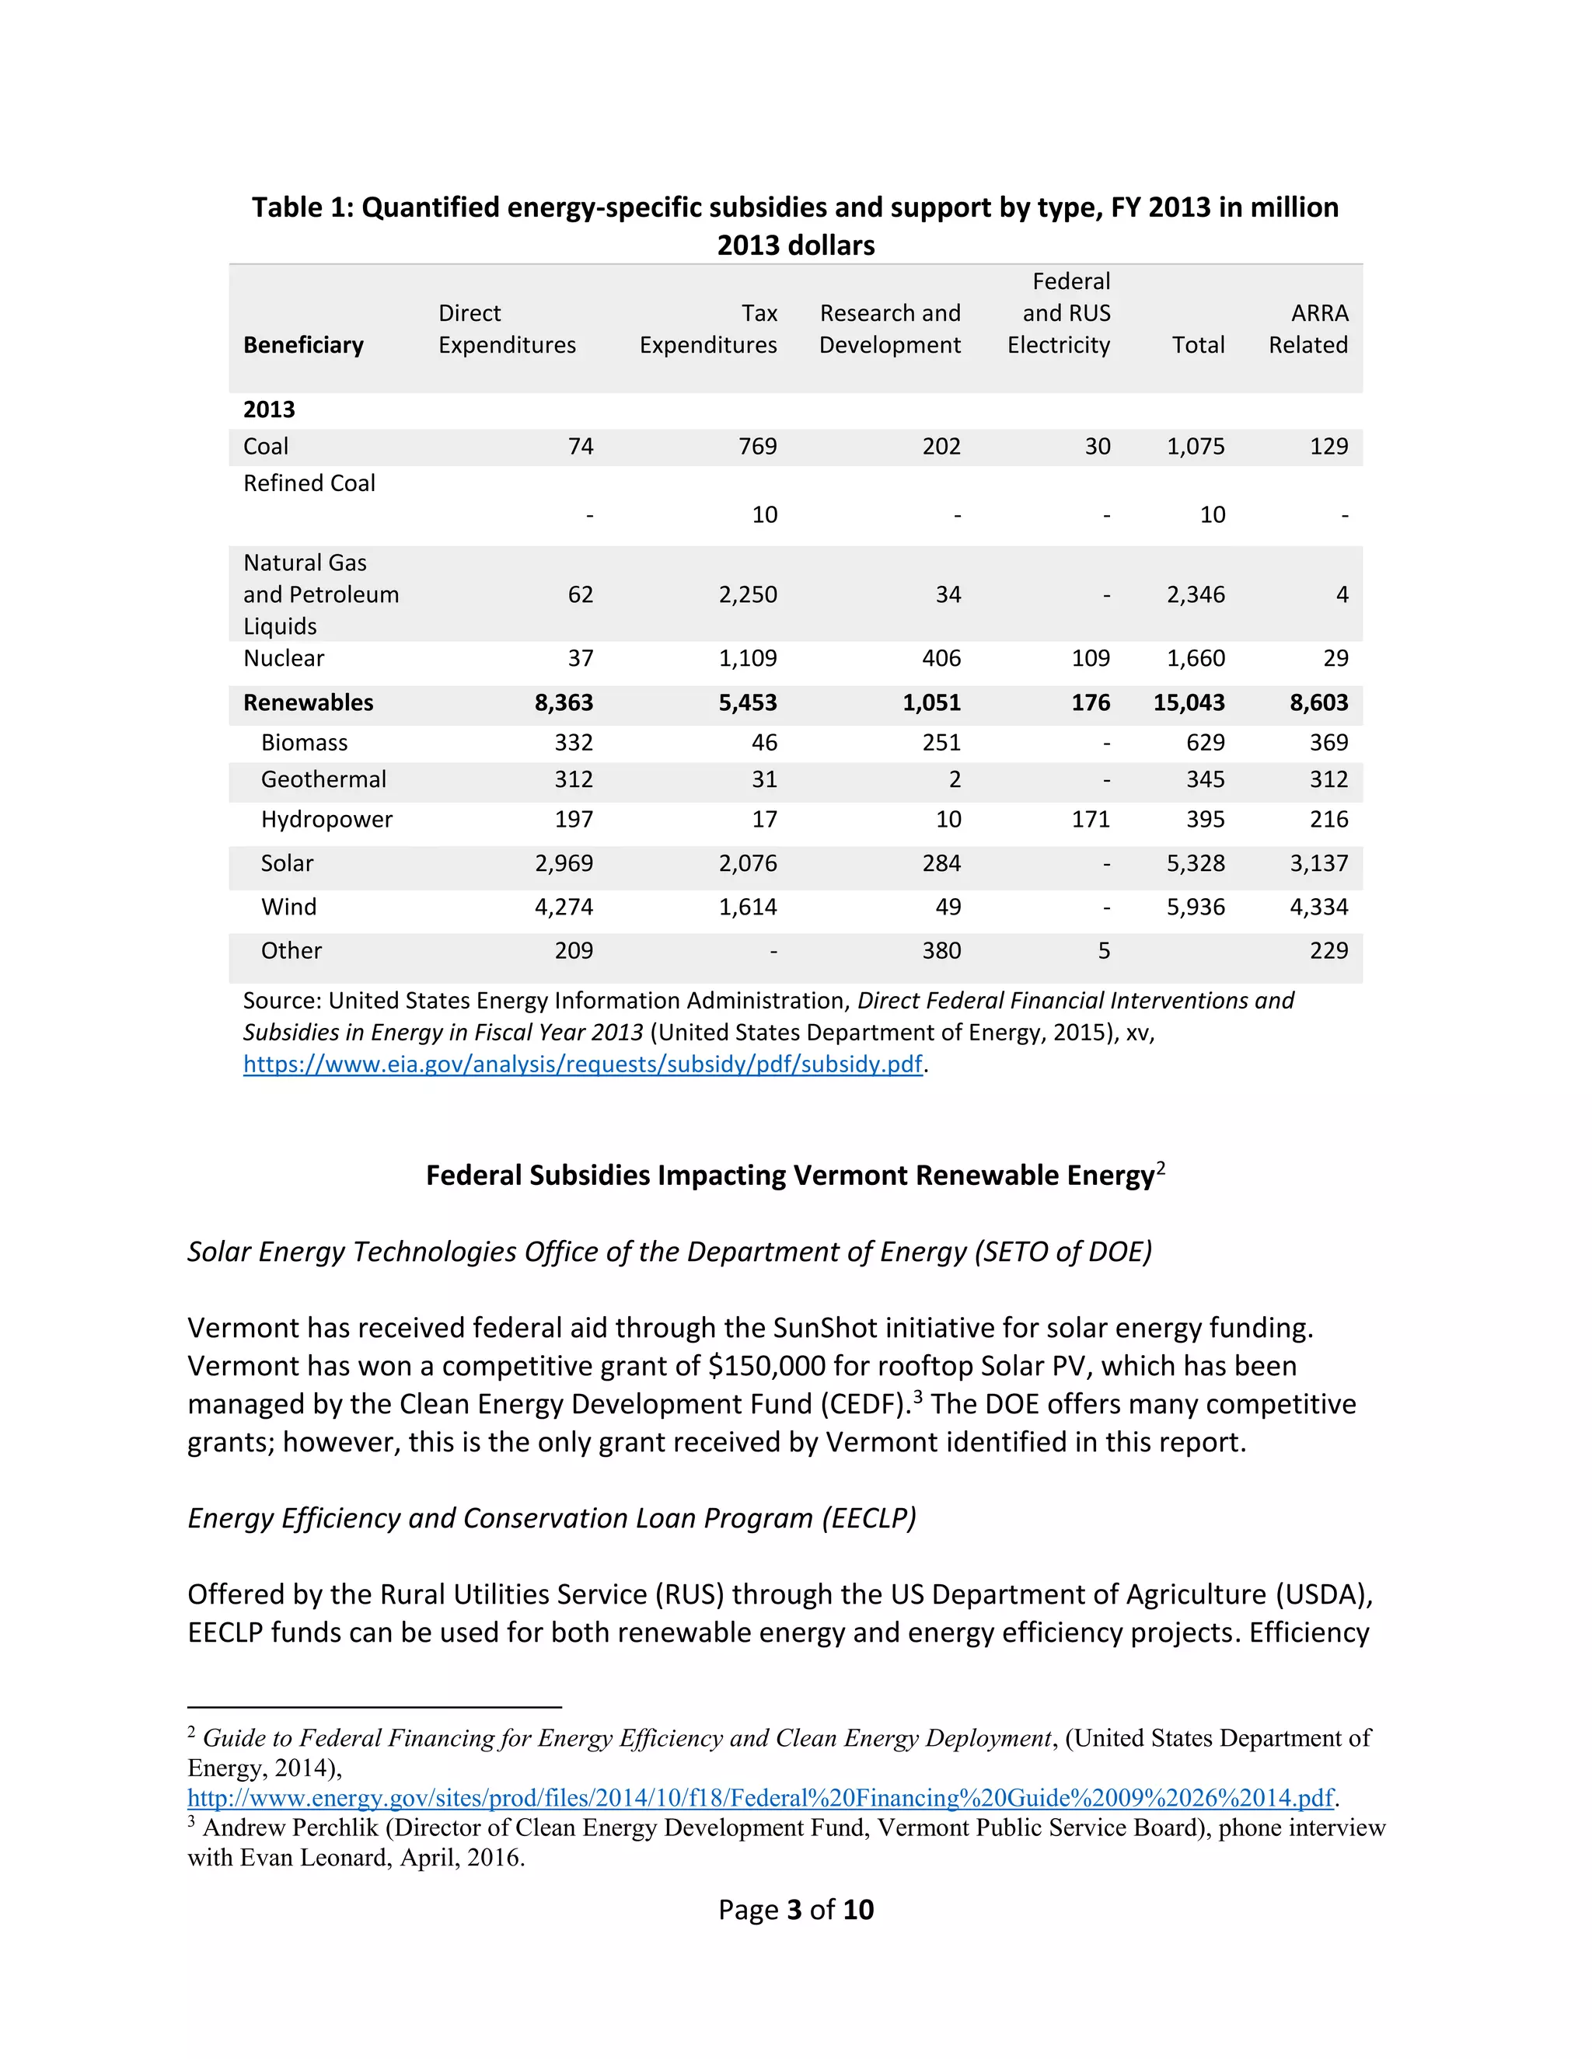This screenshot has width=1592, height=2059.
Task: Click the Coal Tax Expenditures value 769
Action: [757, 446]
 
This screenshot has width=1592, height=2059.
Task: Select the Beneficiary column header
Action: [302, 345]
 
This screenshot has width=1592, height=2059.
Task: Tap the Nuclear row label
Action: [283, 658]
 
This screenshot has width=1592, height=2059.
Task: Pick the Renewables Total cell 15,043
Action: [1189, 702]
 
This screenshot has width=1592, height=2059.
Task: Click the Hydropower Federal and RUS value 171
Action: [1091, 819]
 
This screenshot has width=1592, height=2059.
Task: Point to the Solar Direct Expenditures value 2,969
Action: [564, 862]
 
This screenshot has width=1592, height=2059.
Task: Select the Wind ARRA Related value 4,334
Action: [1318, 907]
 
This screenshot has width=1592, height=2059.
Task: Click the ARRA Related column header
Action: [1308, 329]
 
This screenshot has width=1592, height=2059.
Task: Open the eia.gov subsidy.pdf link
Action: [582, 1064]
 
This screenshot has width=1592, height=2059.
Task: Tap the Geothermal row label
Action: [323, 779]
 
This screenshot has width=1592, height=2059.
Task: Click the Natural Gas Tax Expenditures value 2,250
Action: [748, 595]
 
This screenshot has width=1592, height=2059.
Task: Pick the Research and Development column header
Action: [889, 329]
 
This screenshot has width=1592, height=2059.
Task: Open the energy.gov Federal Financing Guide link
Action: [760, 1798]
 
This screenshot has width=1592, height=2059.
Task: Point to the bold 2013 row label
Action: [269, 409]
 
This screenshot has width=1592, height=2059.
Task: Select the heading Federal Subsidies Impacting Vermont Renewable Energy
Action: [791, 1176]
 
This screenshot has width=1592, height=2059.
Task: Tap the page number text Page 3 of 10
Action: [795, 1909]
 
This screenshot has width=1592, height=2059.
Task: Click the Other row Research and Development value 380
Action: [941, 950]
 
